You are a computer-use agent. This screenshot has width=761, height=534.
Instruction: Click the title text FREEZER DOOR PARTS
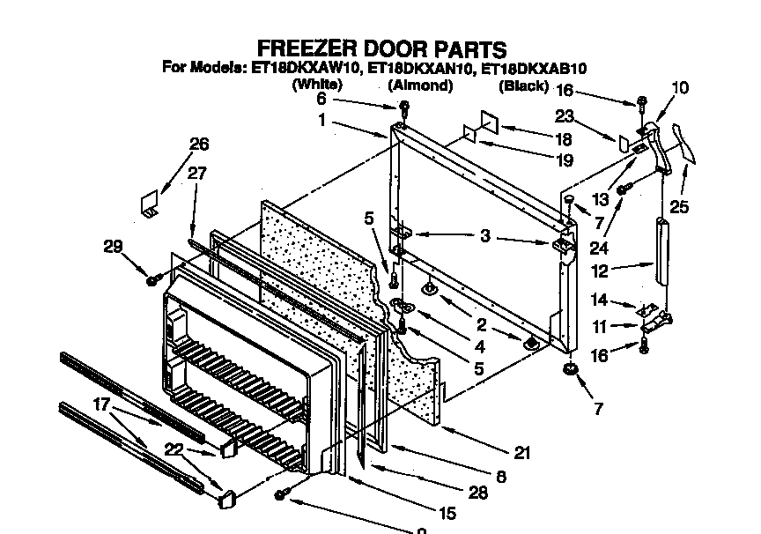(x=381, y=48)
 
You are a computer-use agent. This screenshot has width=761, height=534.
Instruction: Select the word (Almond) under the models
(x=420, y=85)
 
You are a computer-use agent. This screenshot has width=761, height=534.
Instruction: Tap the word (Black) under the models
(x=523, y=86)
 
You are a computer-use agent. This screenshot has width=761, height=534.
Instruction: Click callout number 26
(x=200, y=145)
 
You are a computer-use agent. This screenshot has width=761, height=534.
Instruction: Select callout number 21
(x=522, y=453)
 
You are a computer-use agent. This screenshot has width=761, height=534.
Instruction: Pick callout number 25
(x=703, y=207)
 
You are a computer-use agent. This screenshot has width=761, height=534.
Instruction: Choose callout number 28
(x=478, y=493)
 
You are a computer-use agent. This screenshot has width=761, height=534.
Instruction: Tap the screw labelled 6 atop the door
(x=404, y=108)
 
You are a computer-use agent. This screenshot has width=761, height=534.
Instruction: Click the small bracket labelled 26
(x=149, y=205)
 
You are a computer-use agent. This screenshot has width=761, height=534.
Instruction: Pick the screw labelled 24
(x=622, y=189)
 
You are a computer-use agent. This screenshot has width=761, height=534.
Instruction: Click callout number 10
(x=680, y=88)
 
